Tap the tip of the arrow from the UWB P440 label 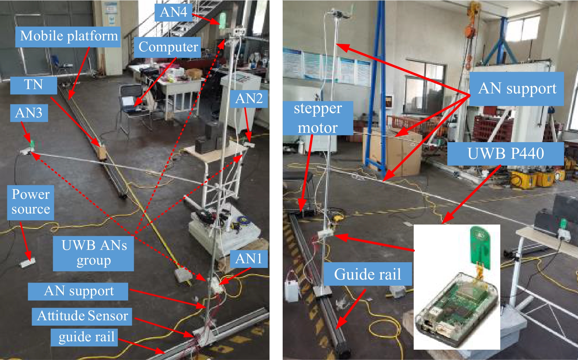pyautogui.click(x=443, y=223)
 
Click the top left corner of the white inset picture pyautogui.click(x=414, y=225)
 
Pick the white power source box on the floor pyautogui.click(x=28, y=264)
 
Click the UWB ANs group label pyautogui.click(x=94, y=253)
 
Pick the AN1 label pyautogui.click(x=249, y=259)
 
